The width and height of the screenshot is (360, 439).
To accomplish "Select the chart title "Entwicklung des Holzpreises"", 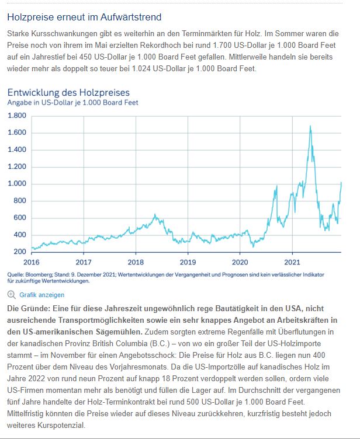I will [x=68, y=92].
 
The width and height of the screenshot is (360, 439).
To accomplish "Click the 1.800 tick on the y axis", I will [x=17, y=116].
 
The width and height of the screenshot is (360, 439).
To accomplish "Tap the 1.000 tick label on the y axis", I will [x=17, y=184].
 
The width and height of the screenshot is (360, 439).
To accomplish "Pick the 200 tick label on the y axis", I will [x=19, y=252].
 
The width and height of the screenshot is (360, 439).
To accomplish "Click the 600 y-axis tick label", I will [x=19, y=218].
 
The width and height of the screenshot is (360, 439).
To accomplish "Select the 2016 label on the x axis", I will [x=32, y=262].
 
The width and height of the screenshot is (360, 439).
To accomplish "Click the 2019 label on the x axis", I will [x=188, y=262].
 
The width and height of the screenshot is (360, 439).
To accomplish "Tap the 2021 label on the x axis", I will [x=292, y=262].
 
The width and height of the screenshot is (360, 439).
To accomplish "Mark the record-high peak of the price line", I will [x=310, y=126].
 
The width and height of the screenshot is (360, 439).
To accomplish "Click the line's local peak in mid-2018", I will [x=155, y=215].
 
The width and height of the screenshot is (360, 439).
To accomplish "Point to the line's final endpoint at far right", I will [x=341, y=183].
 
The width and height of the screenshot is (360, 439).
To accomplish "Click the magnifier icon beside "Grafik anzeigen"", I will [x=11, y=295].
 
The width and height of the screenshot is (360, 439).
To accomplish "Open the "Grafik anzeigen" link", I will [x=41, y=295].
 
